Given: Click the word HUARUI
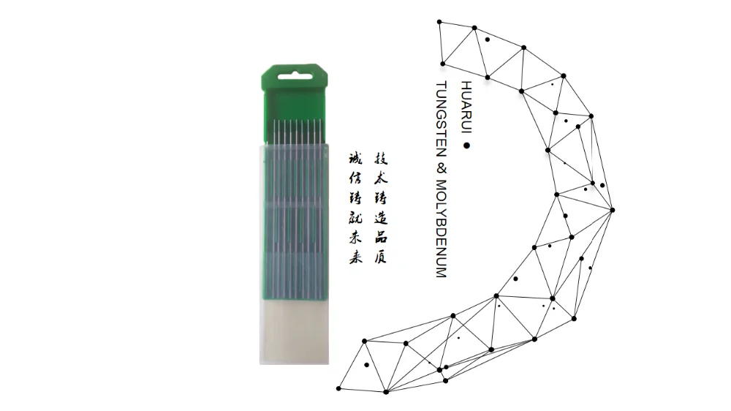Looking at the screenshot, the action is [x=466, y=108].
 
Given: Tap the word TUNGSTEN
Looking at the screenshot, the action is [x=441, y=120].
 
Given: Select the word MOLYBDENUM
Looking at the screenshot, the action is [x=441, y=229].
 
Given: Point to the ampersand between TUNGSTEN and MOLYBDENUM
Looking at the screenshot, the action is [x=441, y=169].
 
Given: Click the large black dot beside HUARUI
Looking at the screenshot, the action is [x=466, y=146].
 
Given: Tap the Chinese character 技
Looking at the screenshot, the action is [x=381, y=159].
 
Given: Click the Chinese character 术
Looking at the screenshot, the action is [x=381, y=178].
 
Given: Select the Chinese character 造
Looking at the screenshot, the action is [x=381, y=218].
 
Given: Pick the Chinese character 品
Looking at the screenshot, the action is [x=381, y=238].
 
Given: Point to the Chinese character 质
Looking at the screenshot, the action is [x=381, y=257].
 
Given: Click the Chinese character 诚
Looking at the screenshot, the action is [x=356, y=159].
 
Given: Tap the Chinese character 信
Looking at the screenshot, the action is [x=356, y=178].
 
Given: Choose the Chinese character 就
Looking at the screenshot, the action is [x=356, y=218].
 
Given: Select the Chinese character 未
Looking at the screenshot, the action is [x=356, y=238].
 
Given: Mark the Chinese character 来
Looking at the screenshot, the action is [x=356, y=257].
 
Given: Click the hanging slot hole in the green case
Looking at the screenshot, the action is [x=294, y=76].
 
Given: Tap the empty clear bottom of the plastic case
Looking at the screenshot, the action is [x=294, y=333].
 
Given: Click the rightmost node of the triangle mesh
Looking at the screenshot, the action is [x=613, y=210].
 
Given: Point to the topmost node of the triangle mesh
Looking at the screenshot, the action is [x=439, y=22].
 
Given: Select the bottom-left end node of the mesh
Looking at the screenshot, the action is [x=339, y=388].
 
